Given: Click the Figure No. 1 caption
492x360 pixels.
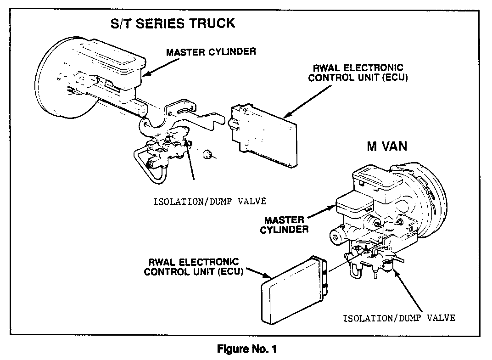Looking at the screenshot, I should pos(246,349).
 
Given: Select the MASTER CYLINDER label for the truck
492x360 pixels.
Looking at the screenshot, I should pos(211,51).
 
